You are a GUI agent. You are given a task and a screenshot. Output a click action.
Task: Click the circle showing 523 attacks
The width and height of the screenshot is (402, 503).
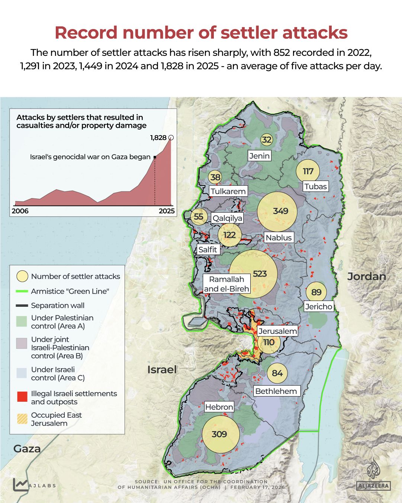(x=253, y=274)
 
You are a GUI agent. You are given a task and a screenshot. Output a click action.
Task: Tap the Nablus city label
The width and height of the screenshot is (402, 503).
(x=279, y=238)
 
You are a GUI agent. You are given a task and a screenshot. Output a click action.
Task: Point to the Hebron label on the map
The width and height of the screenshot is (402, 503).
(x=219, y=407)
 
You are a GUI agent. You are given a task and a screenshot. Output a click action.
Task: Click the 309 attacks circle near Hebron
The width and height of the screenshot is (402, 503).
(x=220, y=434)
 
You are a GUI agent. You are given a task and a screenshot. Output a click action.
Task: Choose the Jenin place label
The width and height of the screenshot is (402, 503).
(x=259, y=156)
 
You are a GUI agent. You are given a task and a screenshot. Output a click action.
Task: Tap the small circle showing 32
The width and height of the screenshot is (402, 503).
(x=266, y=140)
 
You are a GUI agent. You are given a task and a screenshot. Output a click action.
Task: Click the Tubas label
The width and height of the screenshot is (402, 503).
(x=315, y=186)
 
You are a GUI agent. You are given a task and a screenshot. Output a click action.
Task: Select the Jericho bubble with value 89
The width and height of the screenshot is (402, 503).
(x=316, y=292)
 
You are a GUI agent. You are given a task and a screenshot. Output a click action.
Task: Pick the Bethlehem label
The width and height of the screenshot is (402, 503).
(x=276, y=391)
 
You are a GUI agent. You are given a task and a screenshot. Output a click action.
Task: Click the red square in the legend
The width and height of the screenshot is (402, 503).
(x=22, y=397)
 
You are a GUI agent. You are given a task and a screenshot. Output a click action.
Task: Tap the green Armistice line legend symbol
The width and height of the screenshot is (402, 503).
(x=22, y=291)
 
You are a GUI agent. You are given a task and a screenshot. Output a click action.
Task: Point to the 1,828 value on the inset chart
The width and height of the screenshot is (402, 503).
(x=158, y=137)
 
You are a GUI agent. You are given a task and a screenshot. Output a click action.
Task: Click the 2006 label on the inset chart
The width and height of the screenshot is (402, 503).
(x=20, y=211)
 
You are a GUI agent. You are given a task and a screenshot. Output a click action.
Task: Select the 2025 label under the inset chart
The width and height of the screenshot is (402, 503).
(x=166, y=211)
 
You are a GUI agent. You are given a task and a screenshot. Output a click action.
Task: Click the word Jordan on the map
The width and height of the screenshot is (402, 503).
(x=366, y=276)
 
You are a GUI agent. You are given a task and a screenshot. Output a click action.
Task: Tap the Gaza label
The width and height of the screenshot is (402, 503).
(x=27, y=449)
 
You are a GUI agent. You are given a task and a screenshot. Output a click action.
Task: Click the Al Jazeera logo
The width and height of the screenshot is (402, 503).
(x=373, y=477)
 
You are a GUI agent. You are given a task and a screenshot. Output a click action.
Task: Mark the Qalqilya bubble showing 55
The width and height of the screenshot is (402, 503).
(x=199, y=217)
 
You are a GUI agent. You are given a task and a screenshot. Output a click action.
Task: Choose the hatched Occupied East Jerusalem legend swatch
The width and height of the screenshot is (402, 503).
(x=22, y=419)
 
